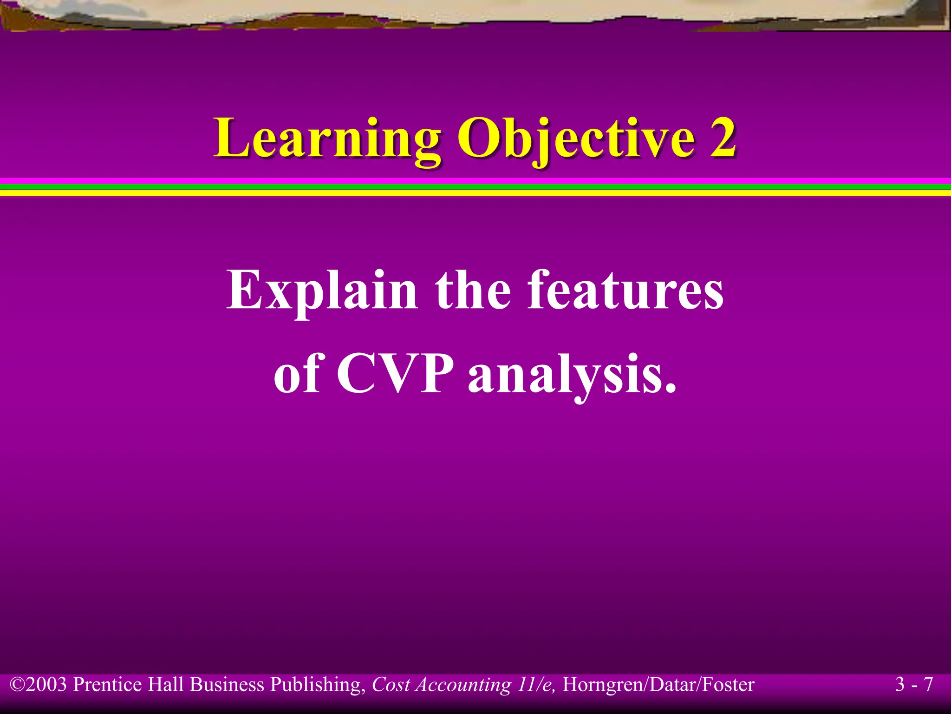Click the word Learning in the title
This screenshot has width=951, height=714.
click(x=327, y=139)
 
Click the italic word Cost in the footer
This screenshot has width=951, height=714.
click(x=391, y=685)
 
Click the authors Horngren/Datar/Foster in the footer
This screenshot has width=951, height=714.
click(x=658, y=685)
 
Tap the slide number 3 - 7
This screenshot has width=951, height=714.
click(x=914, y=685)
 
